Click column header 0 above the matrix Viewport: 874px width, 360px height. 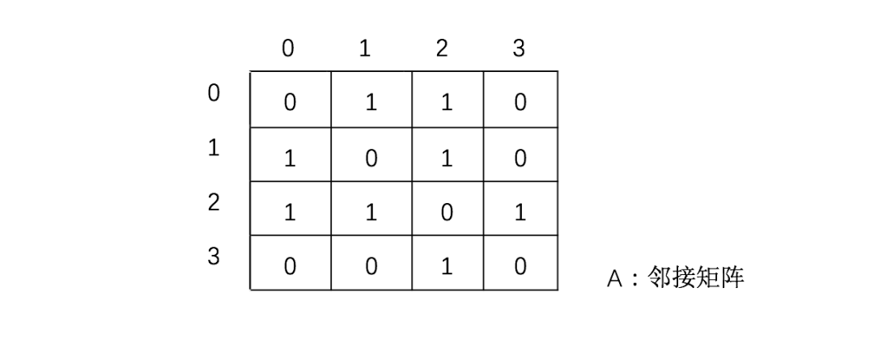288,49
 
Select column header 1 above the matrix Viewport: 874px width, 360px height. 365,49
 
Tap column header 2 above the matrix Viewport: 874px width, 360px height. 441,49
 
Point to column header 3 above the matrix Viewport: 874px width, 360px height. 519,49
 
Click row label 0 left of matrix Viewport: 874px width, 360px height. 214,94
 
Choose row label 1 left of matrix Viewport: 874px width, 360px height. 214,149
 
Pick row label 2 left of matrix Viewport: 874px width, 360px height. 214,203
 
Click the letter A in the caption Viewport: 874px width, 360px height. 614,279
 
